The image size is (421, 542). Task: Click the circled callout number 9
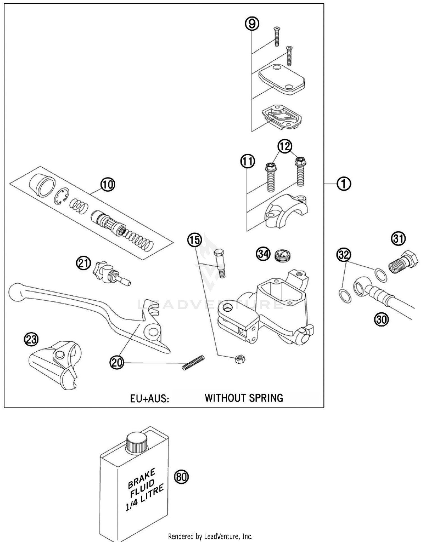252,24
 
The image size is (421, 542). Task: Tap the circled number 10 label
108,185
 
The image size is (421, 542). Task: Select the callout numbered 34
263,254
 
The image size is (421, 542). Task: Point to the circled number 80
182,477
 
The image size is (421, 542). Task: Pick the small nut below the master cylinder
240,359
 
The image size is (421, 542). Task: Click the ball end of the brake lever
16,292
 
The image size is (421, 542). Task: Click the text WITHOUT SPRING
244,398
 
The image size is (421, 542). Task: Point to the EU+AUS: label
150,399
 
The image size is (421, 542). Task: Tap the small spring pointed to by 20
193,363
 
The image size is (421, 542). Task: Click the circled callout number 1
344,184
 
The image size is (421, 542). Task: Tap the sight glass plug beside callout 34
282,255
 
